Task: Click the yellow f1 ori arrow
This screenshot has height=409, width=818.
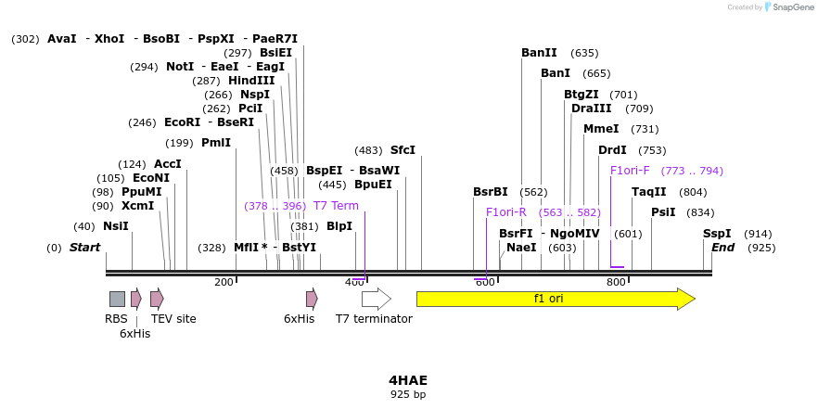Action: (555, 299)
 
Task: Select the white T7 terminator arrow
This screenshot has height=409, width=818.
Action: (376, 299)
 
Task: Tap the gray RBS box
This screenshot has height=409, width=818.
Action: (117, 299)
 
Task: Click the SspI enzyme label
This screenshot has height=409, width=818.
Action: (717, 234)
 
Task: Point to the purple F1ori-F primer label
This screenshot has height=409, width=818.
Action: (630, 171)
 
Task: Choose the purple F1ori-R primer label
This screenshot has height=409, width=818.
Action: (506, 212)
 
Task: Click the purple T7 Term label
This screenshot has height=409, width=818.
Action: (336, 206)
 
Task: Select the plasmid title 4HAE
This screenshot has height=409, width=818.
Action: (408, 380)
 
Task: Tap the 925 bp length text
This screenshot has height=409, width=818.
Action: (408, 395)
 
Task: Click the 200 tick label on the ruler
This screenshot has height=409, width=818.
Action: (224, 282)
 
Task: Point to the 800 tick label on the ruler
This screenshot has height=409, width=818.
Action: (616, 282)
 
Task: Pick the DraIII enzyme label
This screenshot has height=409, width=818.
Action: (592, 109)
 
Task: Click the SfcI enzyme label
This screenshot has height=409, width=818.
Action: (403, 150)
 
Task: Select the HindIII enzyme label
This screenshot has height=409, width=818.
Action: (251, 81)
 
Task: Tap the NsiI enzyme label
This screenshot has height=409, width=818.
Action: (116, 226)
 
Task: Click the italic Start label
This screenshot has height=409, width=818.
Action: (84, 248)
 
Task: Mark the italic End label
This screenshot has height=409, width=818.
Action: (722, 248)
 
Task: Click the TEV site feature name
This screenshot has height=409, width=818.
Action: (173, 319)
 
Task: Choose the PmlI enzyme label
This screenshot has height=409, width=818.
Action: (216, 143)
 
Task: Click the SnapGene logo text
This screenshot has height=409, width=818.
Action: (793, 7)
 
